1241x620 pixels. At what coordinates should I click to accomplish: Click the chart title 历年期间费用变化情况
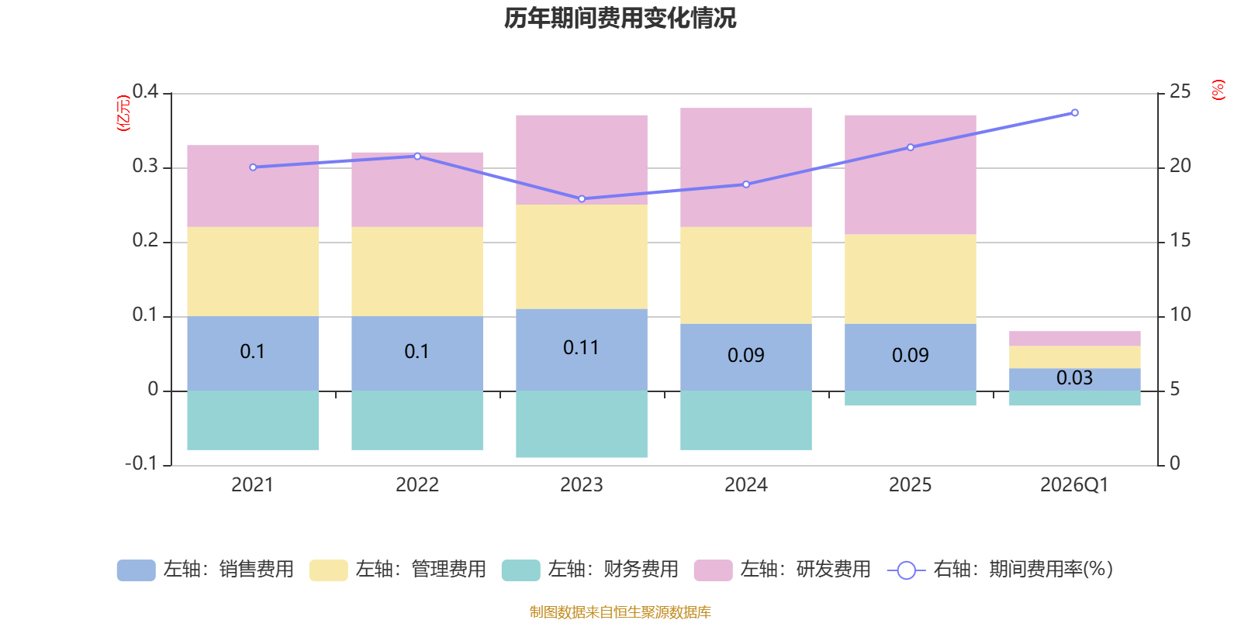(x=620, y=19)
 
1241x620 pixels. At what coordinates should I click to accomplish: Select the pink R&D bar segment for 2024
(x=745, y=167)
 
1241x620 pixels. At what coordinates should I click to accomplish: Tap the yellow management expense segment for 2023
(x=582, y=257)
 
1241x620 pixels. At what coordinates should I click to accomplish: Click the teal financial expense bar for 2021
(x=253, y=420)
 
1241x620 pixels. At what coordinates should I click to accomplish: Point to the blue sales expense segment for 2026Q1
(x=1075, y=380)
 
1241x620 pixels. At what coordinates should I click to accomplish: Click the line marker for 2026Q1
(x=1075, y=113)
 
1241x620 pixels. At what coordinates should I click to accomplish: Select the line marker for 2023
(x=582, y=198)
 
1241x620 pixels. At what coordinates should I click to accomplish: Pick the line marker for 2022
(x=417, y=156)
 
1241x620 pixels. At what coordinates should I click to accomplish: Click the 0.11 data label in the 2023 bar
(x=581, y=348)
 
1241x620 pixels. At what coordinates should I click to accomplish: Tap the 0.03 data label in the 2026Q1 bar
(x=1074, y=377)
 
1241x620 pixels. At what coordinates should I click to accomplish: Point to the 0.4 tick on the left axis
(x=145, y=91)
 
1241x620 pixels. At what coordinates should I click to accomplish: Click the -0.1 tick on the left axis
(x=142, y=463)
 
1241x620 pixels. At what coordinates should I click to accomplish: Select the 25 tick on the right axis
(x=1180, y=91)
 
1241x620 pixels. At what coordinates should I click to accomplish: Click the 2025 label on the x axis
(x=911, y=485)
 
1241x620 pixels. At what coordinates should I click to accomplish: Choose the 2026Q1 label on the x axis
(x=1074, y=485)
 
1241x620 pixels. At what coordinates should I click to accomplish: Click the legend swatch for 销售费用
(x=137, y=570)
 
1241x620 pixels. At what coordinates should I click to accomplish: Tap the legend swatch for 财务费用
(x=520, y=570)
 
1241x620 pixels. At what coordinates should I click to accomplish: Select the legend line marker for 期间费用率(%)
(x=907, y=570)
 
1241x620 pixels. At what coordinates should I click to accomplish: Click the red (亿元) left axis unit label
(x=123, y=113)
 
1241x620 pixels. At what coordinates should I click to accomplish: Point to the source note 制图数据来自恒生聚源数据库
(x=620, y=611)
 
